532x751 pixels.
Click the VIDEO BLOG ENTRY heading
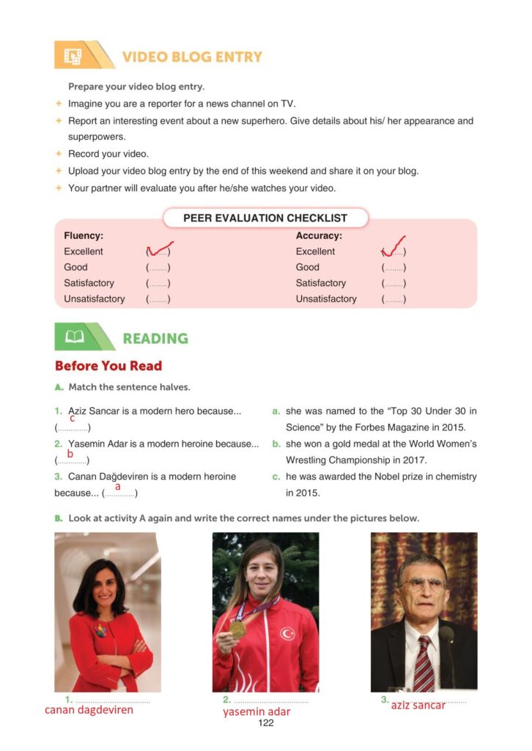coord(192,57)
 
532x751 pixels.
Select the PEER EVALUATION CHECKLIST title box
coord(265,218)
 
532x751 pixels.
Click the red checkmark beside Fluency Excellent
coord(160,250)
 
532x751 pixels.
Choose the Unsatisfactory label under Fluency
coord(94,299)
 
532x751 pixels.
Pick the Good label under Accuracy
coord(308,268)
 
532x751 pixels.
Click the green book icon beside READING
coord(74,337)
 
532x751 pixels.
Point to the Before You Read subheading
coord(108,366)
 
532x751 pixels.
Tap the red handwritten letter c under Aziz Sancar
coord(72,418)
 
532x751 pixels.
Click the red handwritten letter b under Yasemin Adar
coord(70,454)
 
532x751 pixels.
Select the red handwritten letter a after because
coord(117,486)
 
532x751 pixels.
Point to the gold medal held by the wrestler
coord(237,629)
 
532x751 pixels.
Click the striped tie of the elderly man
coord(423,664)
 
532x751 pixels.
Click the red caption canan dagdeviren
coord(89,710)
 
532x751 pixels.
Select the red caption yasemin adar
coord(256,711)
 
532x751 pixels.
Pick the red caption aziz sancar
coord(418,705)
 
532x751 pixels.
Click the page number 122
coord(265,723)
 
